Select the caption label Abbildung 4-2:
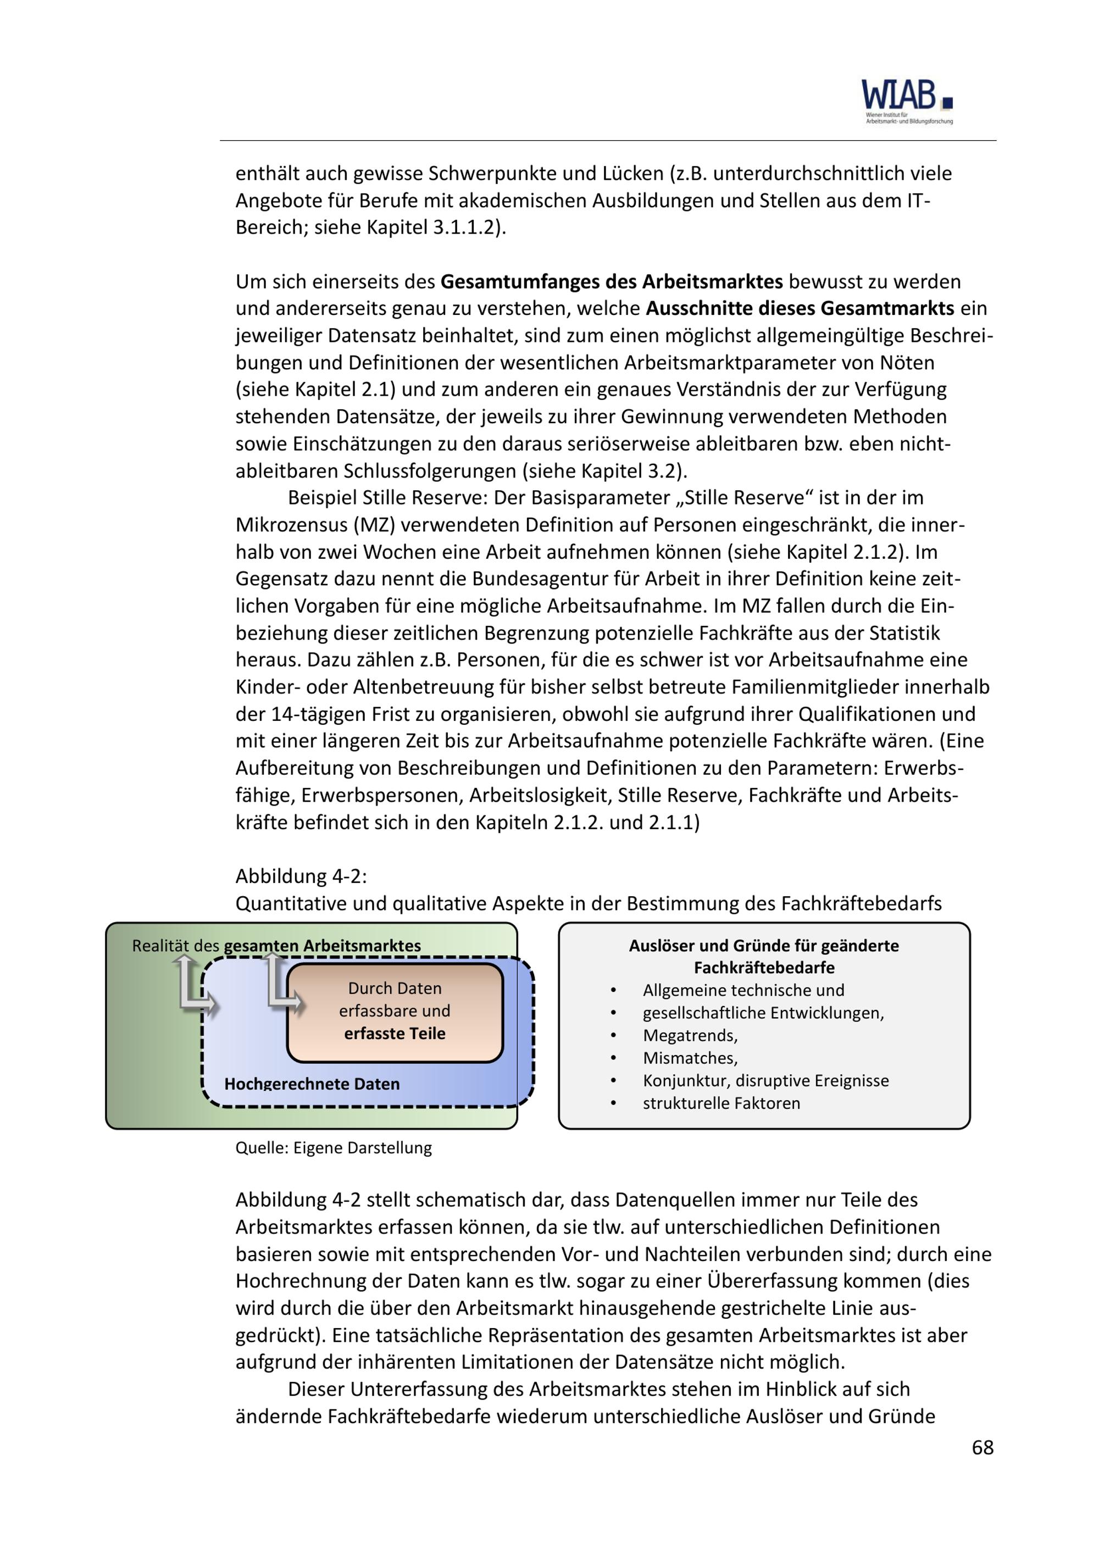point(301,876)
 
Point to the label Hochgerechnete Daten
point(312,1084)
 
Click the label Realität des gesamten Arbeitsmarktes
point(276,946)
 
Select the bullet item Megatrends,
point(690,1036)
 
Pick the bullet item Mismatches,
point(690,1058)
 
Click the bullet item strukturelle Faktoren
point(721,1103)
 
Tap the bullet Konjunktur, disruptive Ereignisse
point(765,1080)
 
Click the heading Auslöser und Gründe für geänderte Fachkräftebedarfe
point(764,956)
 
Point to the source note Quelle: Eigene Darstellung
point(333,1148)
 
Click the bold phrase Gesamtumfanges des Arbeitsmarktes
point(612,281)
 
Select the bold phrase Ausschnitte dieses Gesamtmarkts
point(800,309)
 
